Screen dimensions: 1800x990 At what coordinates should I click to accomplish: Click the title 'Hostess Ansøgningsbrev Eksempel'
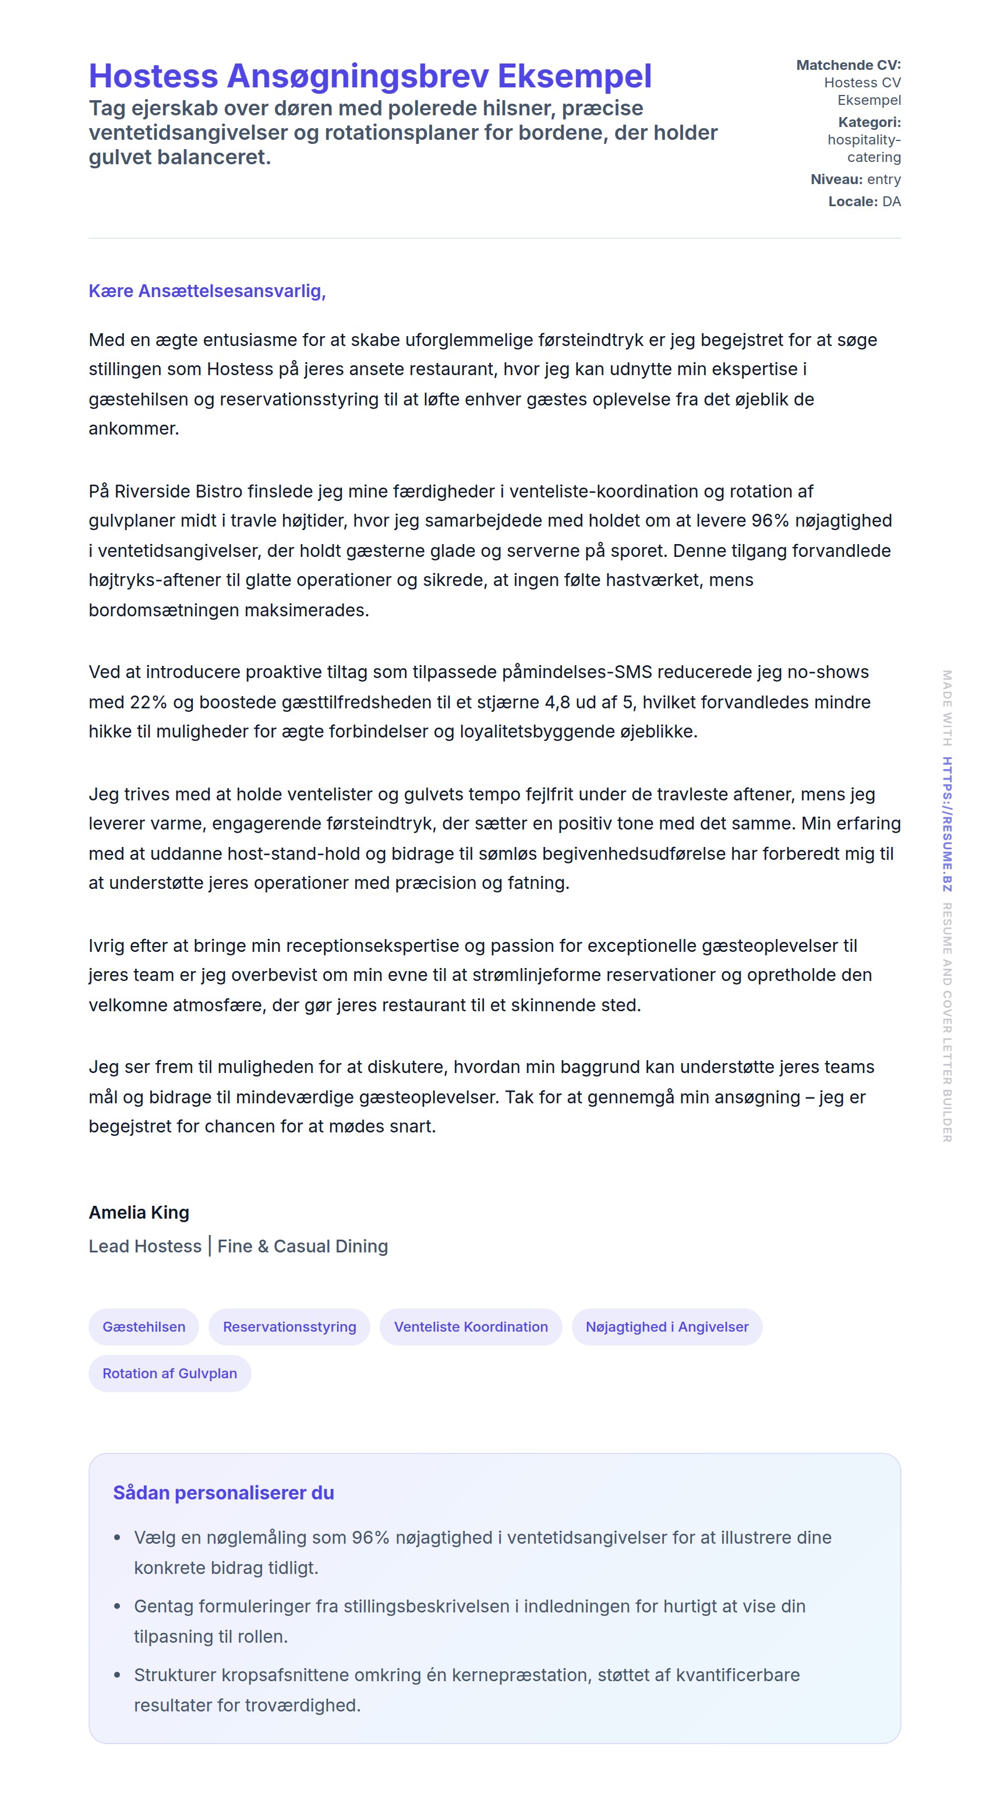[x=370, y=76]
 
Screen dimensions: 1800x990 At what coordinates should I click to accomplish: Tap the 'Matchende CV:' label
[x=848, y=65]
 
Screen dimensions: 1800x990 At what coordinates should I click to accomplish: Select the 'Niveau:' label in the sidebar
[x=836, y=179]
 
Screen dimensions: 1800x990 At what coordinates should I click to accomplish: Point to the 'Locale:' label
[x=853, y=202]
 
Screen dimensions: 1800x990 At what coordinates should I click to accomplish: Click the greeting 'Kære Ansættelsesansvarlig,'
[x=207, y=291]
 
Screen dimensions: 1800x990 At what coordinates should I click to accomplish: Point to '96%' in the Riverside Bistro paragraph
[x=770, y=521]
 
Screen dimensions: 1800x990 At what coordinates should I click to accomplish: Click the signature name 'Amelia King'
[x=139, y=1212]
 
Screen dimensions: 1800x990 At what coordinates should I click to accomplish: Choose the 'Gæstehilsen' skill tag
[x=144, y=1327]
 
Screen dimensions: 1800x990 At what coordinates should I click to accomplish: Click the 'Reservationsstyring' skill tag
[x=289, y=1327]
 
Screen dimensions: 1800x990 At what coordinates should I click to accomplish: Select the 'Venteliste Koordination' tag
[x=471, y=1327]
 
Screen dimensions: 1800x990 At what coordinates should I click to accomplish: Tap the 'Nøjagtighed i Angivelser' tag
[x=667, y=1327]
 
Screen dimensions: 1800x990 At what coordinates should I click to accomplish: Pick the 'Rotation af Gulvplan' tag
[x=170, y=1373]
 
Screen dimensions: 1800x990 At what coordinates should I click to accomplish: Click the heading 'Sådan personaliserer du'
[x=224, y=1493]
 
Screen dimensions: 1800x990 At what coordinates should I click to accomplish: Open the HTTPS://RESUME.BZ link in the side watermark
[x=947, y=824]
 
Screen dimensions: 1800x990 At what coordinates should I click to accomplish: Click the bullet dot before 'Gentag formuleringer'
[x=118, y=1607]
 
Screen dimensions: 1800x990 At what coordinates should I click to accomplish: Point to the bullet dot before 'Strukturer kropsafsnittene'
[x=118, y=1675]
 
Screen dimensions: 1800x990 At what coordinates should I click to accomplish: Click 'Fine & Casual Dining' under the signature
[x=302, y=1247]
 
